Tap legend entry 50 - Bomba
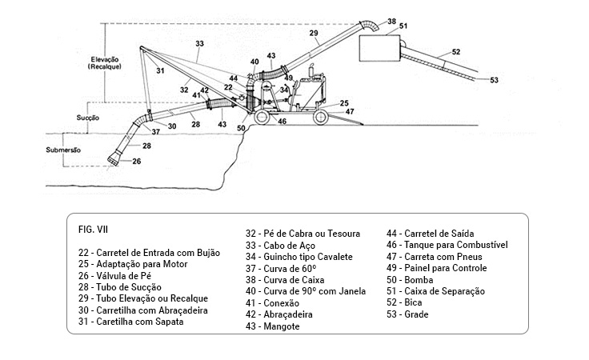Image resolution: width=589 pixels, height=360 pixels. [x=410, y=280]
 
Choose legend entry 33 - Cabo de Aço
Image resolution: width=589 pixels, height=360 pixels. [x=282, y=245]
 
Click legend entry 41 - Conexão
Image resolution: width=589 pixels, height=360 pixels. [x=274, y=303]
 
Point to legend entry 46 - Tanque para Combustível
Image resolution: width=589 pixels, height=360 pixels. [x=447, y=245]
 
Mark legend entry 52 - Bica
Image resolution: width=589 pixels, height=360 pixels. [x=405, y=303]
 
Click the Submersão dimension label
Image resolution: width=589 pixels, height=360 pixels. [x=59, y=149]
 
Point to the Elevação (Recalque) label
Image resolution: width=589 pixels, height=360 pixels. [x=106, y=62]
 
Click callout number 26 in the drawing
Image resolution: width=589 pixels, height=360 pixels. [x=136, y=162]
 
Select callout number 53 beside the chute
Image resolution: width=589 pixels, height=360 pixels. [x=494, y=80]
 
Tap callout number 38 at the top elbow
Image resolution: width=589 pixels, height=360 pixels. [x=391, y=20]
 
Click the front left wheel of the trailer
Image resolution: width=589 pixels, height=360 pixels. [x=262, y=118]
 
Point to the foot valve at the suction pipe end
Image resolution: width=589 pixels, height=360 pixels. [x=117, y=158]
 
